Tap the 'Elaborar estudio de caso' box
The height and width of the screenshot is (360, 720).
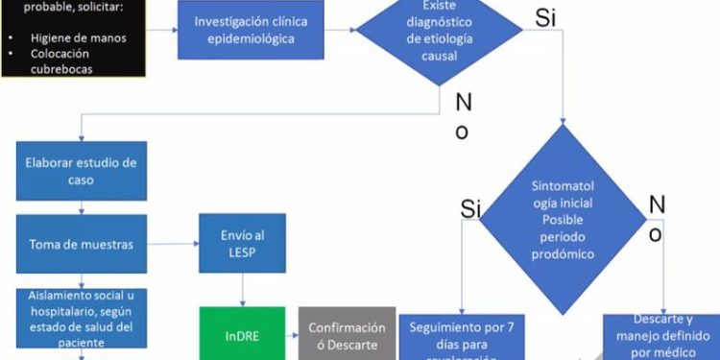(x=81, y=171)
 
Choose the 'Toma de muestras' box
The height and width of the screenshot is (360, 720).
(x=81, y=246)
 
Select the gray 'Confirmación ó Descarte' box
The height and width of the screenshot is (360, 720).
(x=346, y=336)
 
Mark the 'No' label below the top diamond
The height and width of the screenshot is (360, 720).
(x=462, y=115)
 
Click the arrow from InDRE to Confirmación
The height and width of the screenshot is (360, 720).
(x=292, y=335)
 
